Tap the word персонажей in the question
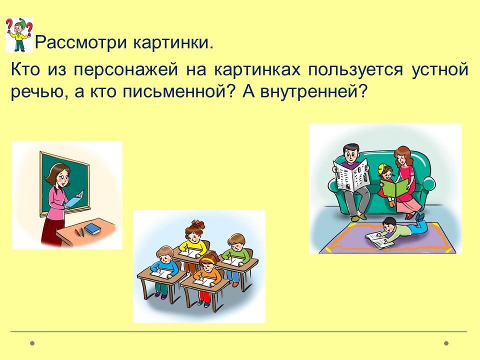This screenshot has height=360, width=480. pyautogui.click(x=126, y=70)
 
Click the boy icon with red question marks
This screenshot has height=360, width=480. pyautogui.click(x=19, y=35)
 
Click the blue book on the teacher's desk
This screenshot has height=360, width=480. pyautogui.click(x=92, y=228)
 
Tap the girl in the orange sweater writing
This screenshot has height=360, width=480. pyautogui.click(x=208, y=273)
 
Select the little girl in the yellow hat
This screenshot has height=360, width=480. pyautogui.click(x=386, y=183)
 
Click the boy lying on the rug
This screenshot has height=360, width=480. pyautogui.click(x=401, y=229)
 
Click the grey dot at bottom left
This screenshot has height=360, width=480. pyautogui.click(x=32, y=343)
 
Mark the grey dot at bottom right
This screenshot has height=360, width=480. pyautogui.click(x=446, y=343)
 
